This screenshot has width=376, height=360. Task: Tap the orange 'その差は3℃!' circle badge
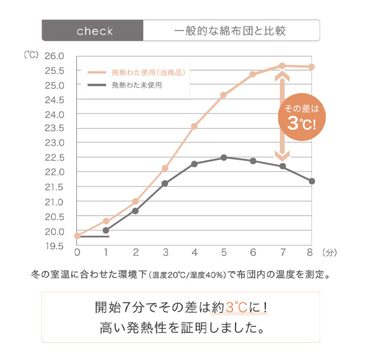point(301,117)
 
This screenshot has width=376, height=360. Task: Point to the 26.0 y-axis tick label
point(54,56)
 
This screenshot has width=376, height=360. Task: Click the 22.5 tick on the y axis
point(54,158)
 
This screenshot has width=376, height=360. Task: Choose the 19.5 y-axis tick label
point(54,246)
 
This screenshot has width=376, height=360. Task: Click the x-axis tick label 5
point(224,253)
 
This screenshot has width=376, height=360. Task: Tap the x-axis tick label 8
point(311,253)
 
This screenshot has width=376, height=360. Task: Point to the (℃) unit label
point(31,55)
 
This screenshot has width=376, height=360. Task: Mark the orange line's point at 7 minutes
point(282,66)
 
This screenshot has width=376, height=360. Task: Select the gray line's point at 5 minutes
point(224,158)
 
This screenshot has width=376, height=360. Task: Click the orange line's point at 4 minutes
point(195,126)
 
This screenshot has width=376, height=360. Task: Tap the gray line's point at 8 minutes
point(312,181)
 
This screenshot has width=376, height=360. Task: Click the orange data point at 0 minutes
point(77,236)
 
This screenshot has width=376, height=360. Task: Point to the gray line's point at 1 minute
point(106,230)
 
